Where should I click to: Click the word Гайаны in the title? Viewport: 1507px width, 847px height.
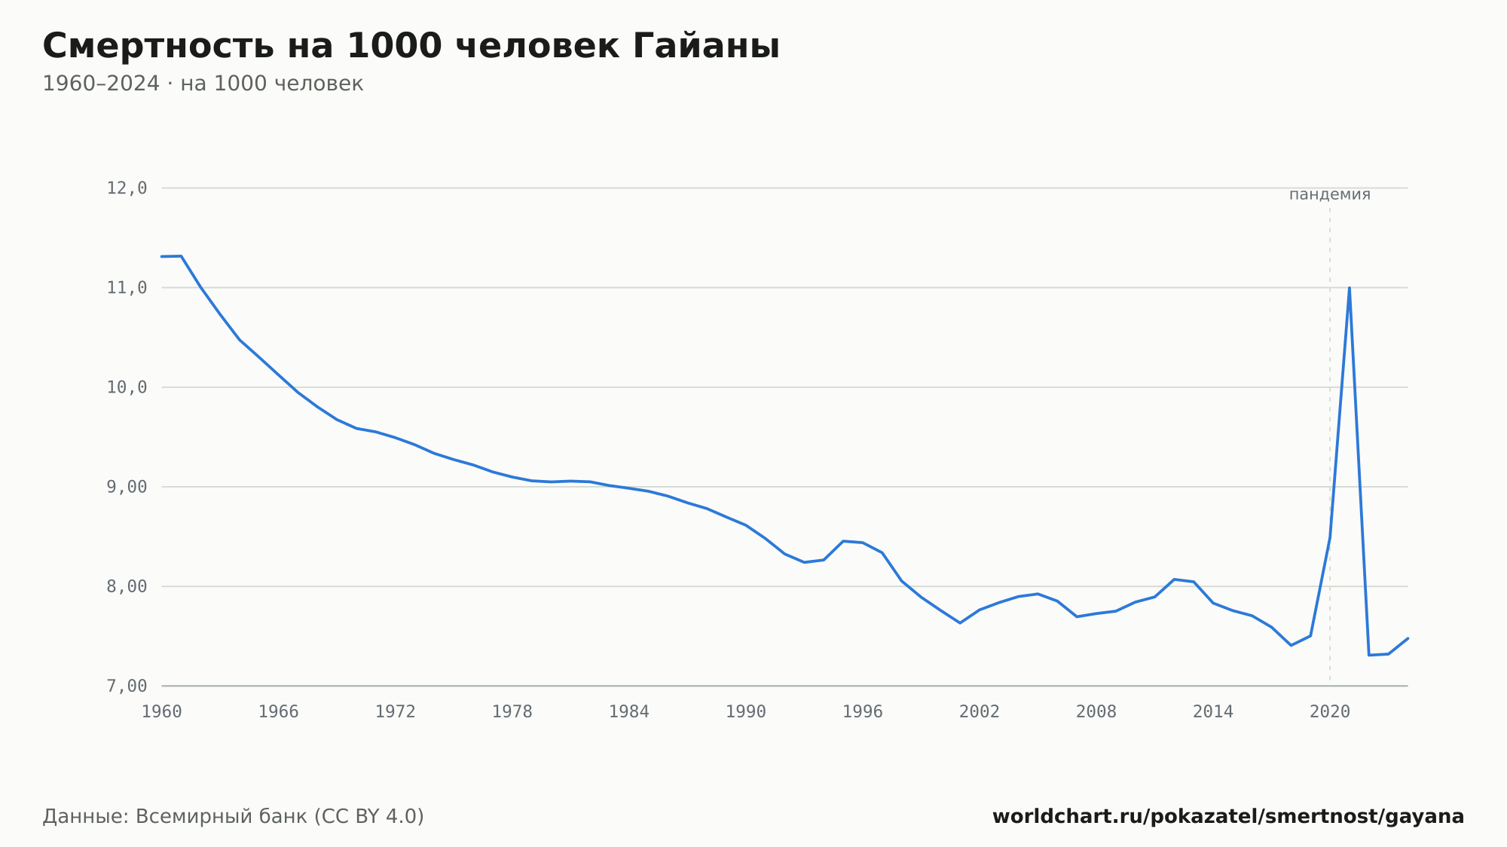click(x=706, y=46)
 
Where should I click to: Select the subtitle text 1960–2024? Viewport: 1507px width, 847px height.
click(x=101, y=84)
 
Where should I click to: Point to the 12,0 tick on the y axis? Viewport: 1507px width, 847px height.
click(x=127, y=188)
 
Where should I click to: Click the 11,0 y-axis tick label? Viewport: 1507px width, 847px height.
click(x=127, y=288)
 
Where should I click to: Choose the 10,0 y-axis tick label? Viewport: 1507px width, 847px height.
click(x=127, y=387)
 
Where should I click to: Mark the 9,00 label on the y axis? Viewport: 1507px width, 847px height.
click(x=127, y=487)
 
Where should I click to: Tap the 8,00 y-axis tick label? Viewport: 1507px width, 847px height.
click(x=127, y=586)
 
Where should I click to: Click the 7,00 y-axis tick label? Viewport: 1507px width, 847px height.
click(x=127, y=686)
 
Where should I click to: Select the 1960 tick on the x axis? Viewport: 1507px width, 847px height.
click(x=162, y=712)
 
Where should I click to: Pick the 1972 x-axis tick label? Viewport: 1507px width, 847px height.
click(x=396, y=712)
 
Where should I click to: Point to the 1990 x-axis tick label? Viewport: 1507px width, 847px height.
click(x=746, y=712)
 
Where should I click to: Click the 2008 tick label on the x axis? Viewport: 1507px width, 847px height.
click(x=1096, y=712)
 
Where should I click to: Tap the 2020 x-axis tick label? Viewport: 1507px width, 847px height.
click(x=1330, y=712)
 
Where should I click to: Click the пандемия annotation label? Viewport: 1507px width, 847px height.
click(x=1330, y=194)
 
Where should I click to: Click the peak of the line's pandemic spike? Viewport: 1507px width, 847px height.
click(x=1349, y=288)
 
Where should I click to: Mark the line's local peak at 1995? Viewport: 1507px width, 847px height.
click(x=843, y=541)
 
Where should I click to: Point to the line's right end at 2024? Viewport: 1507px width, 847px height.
click(x=1408, y=638)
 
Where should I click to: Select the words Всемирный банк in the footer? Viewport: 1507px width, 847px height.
click(x=222, y=817)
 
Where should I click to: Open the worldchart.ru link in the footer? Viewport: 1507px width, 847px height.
click(x=1228, y=817)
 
